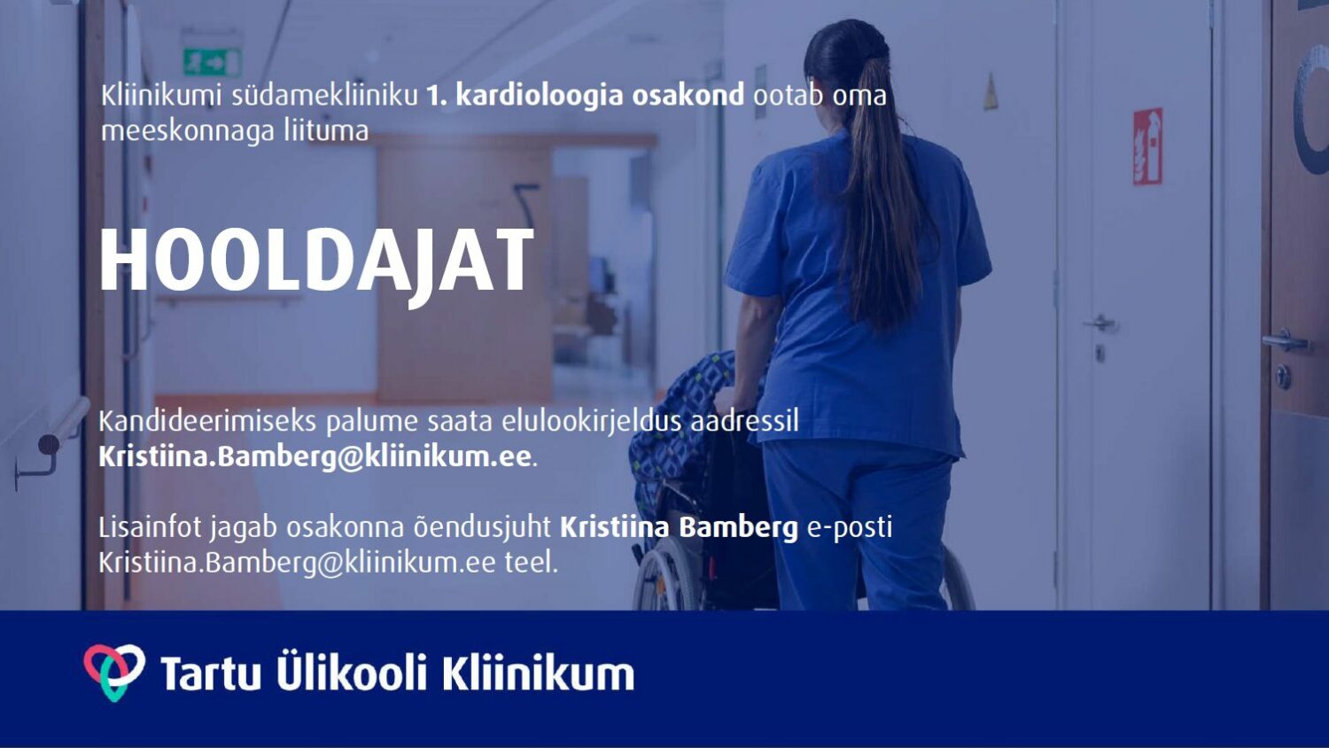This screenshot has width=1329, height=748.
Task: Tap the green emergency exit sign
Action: point(213,62)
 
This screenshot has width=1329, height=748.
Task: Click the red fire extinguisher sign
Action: point(1147,146)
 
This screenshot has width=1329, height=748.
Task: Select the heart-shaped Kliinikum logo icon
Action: point(114,672)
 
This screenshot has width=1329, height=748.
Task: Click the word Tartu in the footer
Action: point(211,674)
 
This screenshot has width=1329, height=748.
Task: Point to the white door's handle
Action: point(1100,323)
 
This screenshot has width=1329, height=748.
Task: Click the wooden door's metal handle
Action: point(1286,340)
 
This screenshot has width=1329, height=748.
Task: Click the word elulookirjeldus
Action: point(592,423)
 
